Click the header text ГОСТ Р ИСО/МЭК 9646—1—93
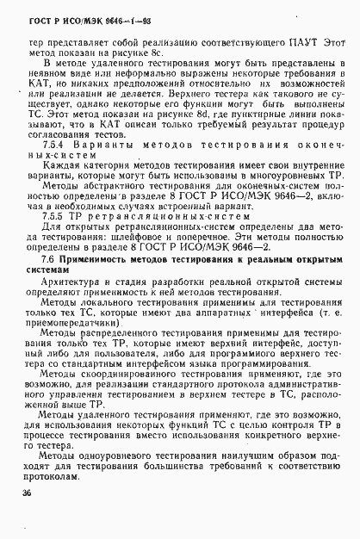pyautogui.click(x=77, y=21)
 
